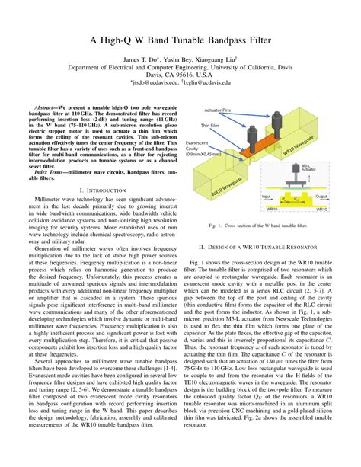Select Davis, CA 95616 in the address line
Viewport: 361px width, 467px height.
pyautogui.click(x=180, y=74)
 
